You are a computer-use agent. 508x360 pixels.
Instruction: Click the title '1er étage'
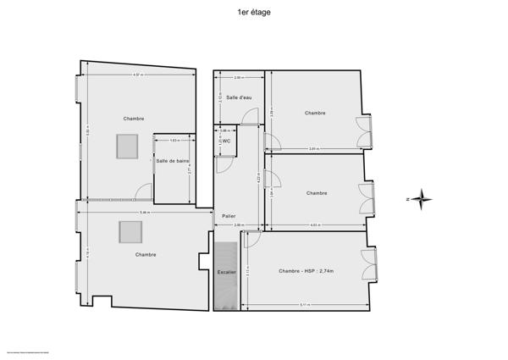click(x=255, y=13)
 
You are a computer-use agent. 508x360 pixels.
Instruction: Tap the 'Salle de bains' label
click(x=172, y=161)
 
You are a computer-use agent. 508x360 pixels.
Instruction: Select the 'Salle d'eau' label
click(x=239, y=97)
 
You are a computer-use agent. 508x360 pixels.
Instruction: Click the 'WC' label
click(x=226, y=141)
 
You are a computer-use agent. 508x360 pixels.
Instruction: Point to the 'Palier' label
click(x=229, y=216)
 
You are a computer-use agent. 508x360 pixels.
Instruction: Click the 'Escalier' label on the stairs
click(x=226, y=272)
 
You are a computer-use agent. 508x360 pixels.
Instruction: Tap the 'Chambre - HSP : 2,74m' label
click(x=306, y=271)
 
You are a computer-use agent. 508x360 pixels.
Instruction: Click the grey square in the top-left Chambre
click(x=127, y=146)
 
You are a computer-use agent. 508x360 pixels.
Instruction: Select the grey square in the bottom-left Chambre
click(x=130, y=231)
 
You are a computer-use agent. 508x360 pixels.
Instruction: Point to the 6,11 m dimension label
click(x=303, y=304)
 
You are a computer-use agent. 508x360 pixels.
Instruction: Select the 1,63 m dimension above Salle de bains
click(x=173, y=140)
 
